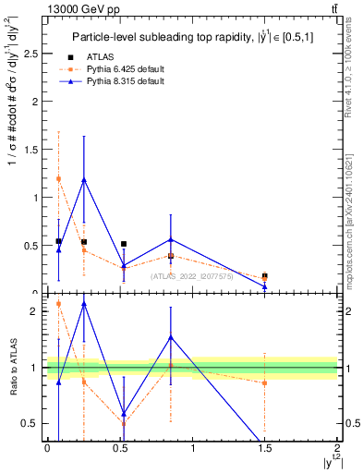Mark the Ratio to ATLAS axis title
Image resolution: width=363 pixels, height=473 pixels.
pos(13,367)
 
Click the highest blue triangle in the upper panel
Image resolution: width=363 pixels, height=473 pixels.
pos(84,180)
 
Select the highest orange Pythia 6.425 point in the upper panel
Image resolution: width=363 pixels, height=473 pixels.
pos(58,178)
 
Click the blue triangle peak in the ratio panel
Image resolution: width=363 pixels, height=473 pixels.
pos(84,303)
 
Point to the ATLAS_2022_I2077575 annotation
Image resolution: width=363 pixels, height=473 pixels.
pos(192,276)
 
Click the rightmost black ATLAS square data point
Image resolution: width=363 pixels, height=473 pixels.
pos(264,275)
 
